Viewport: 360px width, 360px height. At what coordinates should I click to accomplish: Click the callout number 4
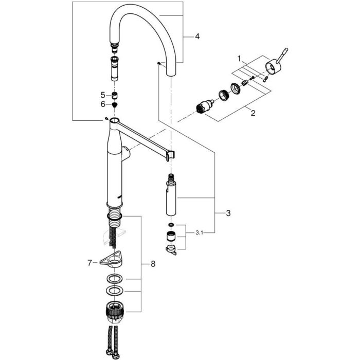point(197,37)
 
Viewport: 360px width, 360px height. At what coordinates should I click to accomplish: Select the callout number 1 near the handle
point(239,59)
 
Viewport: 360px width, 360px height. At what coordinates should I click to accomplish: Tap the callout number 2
point(253,113)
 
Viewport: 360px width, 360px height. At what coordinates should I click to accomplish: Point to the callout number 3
point(228,213)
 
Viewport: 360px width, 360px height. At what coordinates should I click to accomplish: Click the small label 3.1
point(200,233)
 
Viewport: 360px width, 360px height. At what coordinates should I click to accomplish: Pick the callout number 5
point(103,95)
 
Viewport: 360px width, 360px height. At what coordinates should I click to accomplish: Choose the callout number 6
point(103,104)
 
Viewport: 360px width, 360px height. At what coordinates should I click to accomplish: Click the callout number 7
point(89,263)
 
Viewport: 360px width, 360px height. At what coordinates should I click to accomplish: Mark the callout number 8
point(153,264)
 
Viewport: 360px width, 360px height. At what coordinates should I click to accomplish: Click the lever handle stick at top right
point(282,55)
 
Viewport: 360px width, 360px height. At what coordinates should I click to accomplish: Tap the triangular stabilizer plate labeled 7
point(111,260)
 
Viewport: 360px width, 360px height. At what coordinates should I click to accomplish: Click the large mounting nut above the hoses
point(115,313)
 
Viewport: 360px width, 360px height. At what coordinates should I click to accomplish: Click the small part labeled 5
point(114,95)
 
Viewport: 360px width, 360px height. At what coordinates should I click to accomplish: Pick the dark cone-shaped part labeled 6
point(114,105)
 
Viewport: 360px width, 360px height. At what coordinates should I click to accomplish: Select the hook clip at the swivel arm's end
point(171,156)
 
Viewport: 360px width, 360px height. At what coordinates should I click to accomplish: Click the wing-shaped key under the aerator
point(171,250)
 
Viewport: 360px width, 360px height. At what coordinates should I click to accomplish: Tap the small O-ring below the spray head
point(171,225)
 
